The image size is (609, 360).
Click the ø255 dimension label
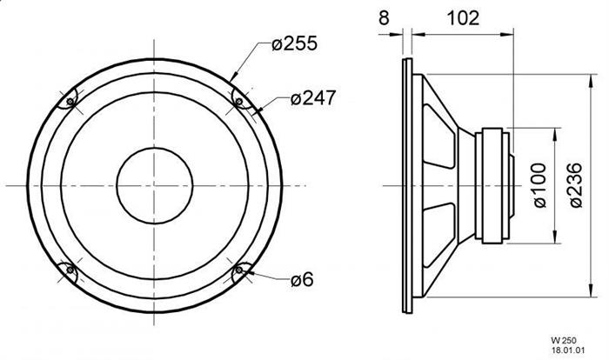coord(294,43)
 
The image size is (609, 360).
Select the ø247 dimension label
coord(312,98)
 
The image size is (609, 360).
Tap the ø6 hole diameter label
coord(302,279)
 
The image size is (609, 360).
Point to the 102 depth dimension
coord(463,18)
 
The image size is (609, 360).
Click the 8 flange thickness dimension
coord(384,18)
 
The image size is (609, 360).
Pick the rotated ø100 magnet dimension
coord(539,185)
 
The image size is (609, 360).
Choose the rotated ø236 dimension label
coord(575,185)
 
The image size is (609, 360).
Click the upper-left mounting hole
coord(70,102)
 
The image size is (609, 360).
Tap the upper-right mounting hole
coord(239,102)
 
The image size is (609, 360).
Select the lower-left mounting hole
coord(70,270)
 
